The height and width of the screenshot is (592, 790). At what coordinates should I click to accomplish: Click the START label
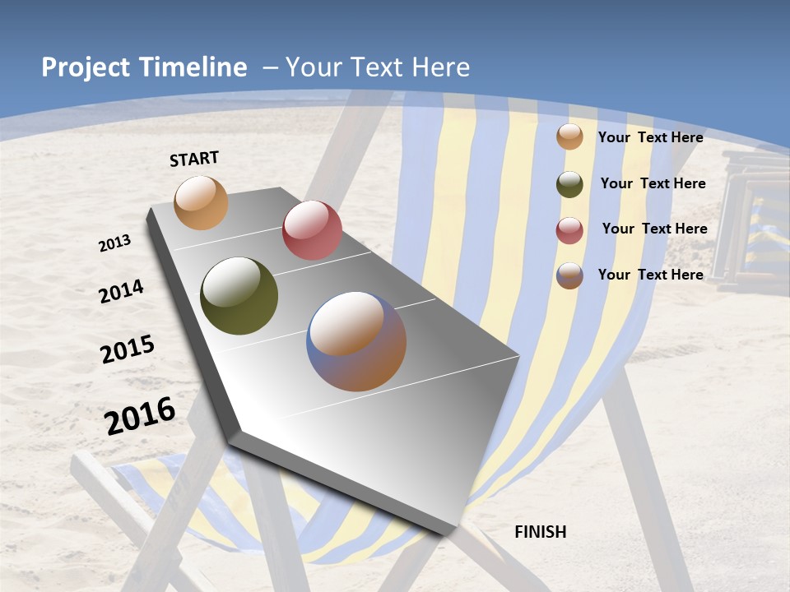pyautogui.click(x=194, y=159)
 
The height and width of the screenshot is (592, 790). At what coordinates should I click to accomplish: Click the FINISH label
pyautogui.click(x=540, y=532)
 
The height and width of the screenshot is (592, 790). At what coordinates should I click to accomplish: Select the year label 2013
pyautogui.click(x=115, y=243)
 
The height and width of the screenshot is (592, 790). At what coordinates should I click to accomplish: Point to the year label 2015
pyautogui.click(x=128, y=349)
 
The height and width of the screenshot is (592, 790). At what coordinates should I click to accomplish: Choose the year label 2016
pyautogui.click(x=140, y=416)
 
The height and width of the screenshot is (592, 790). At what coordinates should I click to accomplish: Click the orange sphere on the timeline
pyautogui.click(x=201, y=202)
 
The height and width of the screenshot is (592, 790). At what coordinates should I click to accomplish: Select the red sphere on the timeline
pyautogui.click(x=312, y=230)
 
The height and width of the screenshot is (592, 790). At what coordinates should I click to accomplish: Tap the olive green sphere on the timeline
pyautogui.click(x=239, y=296)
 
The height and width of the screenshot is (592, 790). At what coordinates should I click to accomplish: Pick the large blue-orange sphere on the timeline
pyautogui.click(x=356, y=341)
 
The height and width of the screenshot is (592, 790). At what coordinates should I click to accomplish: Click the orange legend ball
pyautogui.click(x=569, y=136)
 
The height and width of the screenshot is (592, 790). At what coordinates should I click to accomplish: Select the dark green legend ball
pyautogui.click(x=569, y=184)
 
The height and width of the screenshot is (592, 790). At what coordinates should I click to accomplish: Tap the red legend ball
pyautogui.click(x=569, y=230)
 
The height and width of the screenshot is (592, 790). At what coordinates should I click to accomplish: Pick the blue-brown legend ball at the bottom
pyautogui.click(x=569, y=275)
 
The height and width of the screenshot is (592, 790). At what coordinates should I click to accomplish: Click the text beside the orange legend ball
pyautogui.click(x=650, y=137)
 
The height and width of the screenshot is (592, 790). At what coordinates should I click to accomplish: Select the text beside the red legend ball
pyautogui.click(x=654, y=229)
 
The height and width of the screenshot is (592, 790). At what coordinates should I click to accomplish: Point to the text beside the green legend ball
pyautogui.click(x=653, y=183)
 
